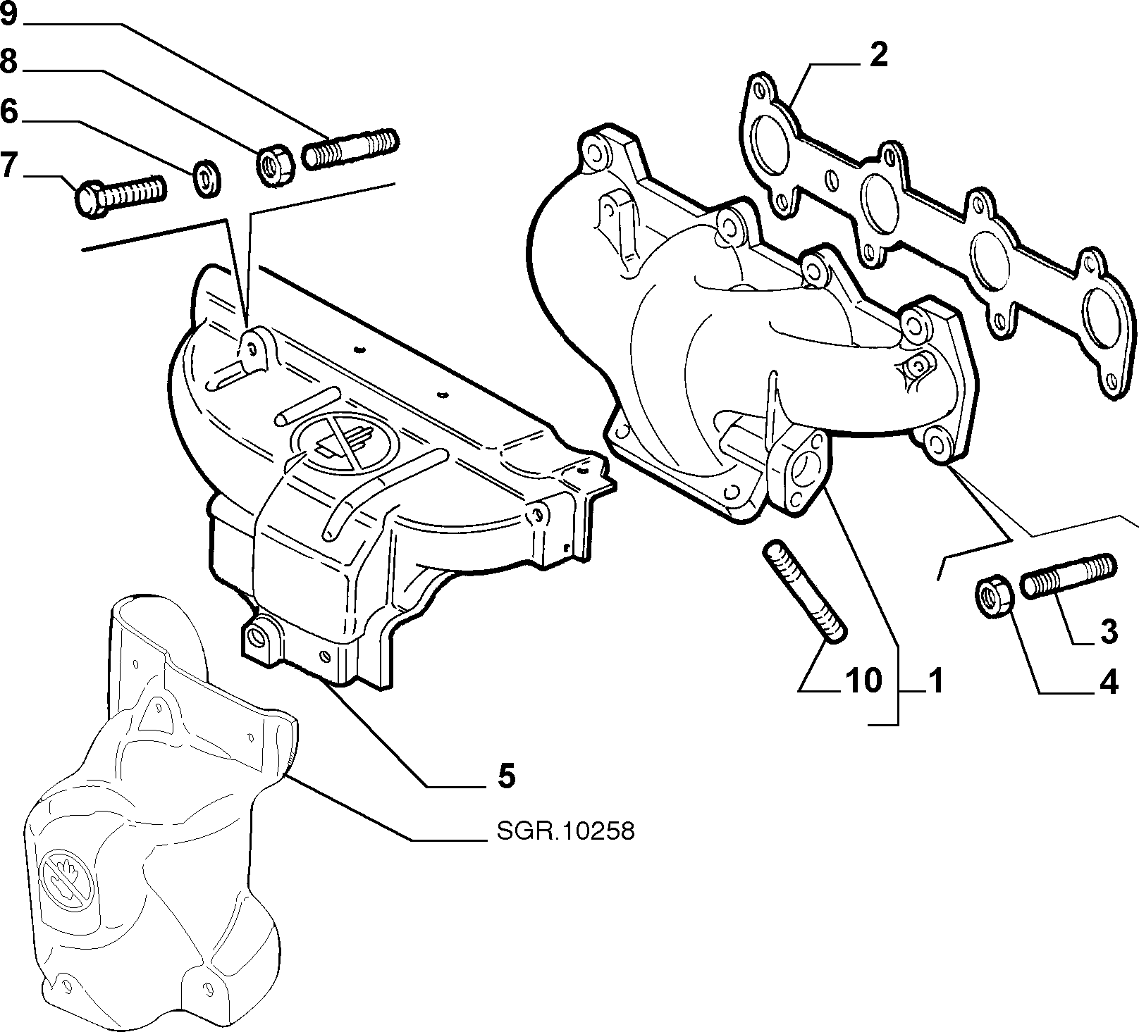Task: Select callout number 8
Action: coord(8,62)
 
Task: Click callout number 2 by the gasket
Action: coord(878,55)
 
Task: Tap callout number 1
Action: coord(935,681)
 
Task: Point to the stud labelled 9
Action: coord(350,149)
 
